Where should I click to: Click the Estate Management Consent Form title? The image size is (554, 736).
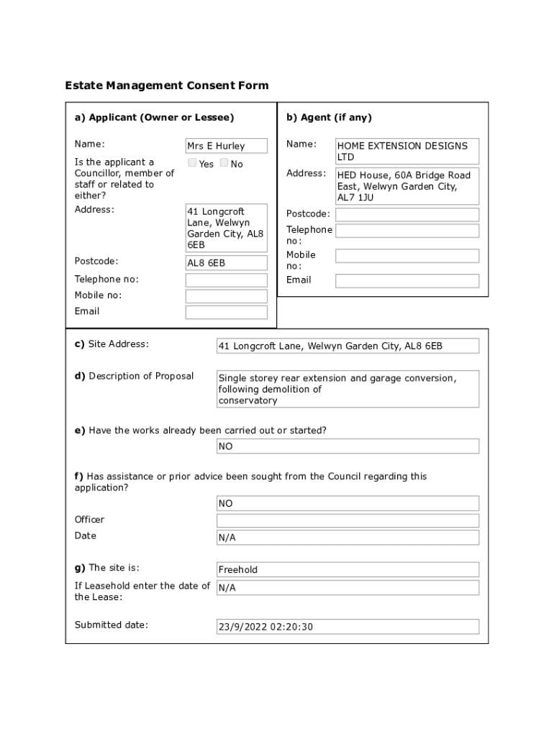click(167, 86)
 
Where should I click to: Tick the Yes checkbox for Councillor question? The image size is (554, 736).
click(192, 163)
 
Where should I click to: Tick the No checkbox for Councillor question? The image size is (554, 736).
click(224, 163)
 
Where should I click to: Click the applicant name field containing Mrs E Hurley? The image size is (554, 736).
click(227, 146)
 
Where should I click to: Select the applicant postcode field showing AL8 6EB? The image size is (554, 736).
click(227, 263)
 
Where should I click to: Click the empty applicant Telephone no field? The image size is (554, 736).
click(227, 280)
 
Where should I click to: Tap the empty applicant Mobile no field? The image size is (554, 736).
click(227, 296)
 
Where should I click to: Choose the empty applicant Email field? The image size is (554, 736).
click(227, 312)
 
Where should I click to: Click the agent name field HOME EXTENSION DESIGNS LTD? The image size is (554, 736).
click(407, 151)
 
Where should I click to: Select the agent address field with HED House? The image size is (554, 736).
click(407, 186)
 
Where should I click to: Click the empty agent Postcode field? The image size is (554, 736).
click(407, 215)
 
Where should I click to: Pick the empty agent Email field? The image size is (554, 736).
click(407, 281)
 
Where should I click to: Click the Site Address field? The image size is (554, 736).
click(348, 346)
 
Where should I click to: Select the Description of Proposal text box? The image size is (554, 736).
click(348, 389)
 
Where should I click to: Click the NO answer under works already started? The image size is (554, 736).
click(348, 446)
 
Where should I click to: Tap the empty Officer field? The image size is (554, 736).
click(348, 520)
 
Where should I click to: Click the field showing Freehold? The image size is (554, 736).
click(348, 570)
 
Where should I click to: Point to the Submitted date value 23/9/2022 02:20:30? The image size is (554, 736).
click(348, 627)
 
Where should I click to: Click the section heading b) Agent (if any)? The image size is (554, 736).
click(329, 117)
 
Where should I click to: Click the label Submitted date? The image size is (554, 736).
click(112, 625)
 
